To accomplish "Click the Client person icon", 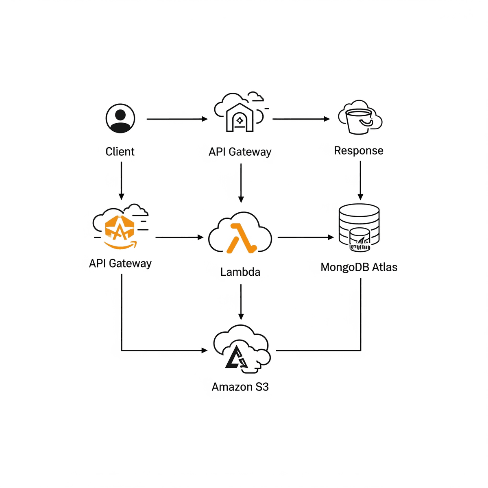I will coord(120,118).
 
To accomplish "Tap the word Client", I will coord(120,152).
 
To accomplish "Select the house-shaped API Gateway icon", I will coord(240,118).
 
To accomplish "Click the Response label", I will coord(359,150).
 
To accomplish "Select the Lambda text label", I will coord(240,272).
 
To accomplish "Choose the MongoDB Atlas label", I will coord(359,267).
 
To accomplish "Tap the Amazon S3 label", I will coord(240,387).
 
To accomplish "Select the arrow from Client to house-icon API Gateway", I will coord(177,119).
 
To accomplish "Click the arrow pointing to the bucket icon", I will coord(301,119).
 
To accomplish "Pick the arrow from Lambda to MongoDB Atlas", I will coord(305,237).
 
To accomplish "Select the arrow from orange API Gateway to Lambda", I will coord(179,237).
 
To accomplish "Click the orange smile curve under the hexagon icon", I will coord(120,245).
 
